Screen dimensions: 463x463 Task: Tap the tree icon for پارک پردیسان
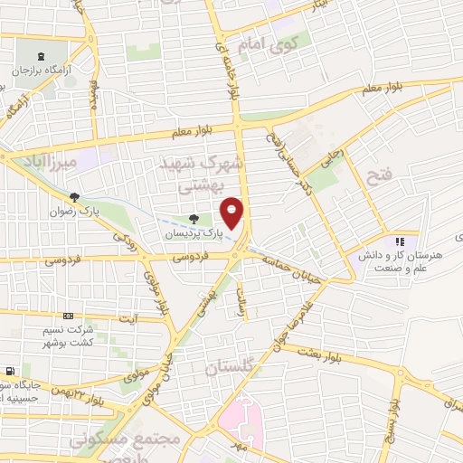194,219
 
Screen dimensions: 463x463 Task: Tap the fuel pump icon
9,371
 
